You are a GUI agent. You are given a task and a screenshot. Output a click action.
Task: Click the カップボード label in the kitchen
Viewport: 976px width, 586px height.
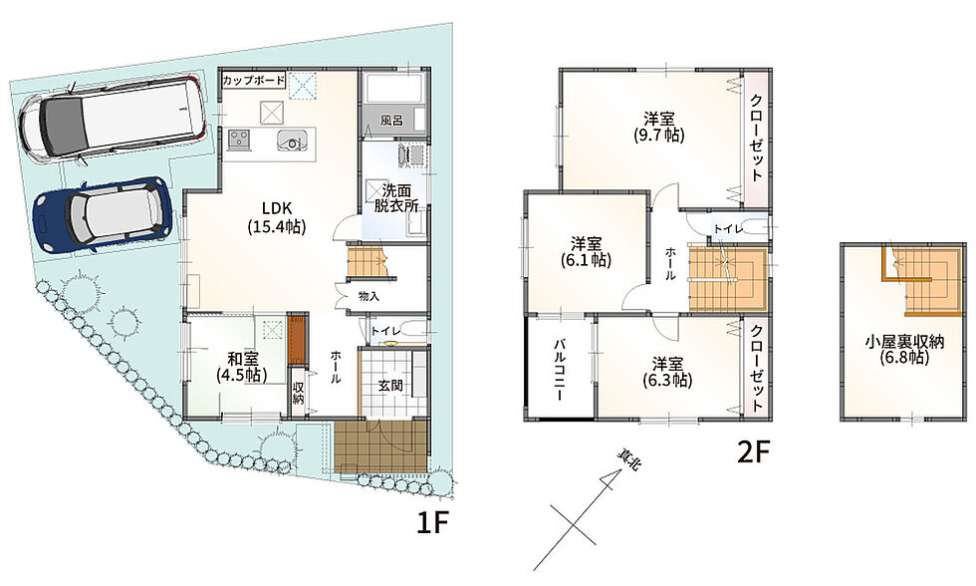[254, 81]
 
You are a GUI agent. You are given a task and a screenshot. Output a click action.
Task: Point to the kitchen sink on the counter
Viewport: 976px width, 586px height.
[291, 140]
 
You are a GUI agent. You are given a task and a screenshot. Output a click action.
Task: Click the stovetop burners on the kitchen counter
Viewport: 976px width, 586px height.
[239, 139]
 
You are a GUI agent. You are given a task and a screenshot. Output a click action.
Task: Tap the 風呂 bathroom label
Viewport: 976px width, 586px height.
[391, 121]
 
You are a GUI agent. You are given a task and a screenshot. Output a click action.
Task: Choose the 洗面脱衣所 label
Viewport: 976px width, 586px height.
[396, 198]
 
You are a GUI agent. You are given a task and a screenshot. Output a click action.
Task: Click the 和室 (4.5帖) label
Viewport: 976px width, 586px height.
[242, 368]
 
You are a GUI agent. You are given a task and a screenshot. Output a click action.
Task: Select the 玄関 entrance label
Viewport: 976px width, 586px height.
[390, 386]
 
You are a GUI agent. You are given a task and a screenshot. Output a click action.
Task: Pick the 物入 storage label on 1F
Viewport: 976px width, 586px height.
[369, 296]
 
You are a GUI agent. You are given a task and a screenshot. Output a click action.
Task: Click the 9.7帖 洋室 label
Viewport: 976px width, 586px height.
[659, 127]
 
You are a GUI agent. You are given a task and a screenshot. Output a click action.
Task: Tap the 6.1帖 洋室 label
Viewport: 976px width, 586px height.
[587, 251]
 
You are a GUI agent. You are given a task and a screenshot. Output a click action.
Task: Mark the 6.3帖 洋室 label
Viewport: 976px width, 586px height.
[667, 372]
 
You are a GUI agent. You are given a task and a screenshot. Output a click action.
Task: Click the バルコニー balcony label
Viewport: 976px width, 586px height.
[559, 370]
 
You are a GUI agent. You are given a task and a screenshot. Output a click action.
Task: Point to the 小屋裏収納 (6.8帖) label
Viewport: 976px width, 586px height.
[904, 350]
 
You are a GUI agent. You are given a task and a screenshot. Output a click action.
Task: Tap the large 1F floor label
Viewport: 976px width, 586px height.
[432, 524]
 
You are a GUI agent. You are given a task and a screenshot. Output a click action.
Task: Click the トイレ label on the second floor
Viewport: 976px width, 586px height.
[728, 229]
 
